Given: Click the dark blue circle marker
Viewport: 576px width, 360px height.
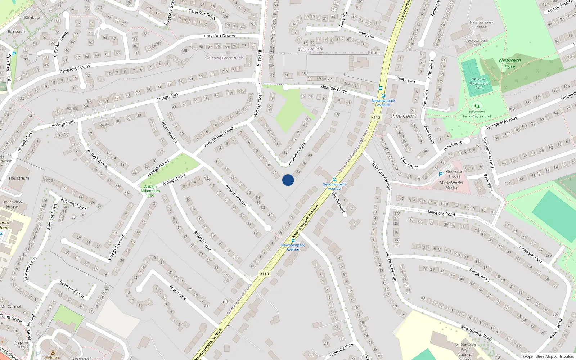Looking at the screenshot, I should click(288, 180).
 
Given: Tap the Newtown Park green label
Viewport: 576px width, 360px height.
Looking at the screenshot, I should click(510, 63).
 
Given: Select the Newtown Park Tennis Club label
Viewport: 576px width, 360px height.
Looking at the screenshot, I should click(478, 84).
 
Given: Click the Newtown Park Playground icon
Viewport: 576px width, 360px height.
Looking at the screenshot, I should click(477, 106).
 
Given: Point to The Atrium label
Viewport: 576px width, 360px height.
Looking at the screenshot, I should click(19, 178).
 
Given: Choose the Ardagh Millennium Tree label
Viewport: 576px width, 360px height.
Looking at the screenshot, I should click(150, 191).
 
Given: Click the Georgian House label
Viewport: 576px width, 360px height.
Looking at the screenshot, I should click(455, 174).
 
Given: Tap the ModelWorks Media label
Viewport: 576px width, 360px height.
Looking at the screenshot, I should click(451, 185).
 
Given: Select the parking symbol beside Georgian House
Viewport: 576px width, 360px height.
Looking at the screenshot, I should click(440, 174).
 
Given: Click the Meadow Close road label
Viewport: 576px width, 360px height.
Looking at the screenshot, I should click(333, 89).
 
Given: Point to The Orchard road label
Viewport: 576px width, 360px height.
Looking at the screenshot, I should click(338, 202).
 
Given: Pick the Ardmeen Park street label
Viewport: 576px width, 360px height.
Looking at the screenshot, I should click(297, 153).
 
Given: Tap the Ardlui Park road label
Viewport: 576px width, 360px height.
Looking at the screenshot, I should click(178, 292).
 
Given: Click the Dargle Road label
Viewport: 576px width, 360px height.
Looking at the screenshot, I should click(479, 275).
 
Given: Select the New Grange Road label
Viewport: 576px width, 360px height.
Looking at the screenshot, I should click(476, 333).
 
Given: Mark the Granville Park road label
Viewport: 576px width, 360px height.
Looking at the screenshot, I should click(342, 350).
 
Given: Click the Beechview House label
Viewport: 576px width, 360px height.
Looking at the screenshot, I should click(12, 204).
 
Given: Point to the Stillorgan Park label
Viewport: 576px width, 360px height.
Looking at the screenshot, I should click(310, 49).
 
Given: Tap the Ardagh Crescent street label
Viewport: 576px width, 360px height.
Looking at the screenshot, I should click(116, 248).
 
